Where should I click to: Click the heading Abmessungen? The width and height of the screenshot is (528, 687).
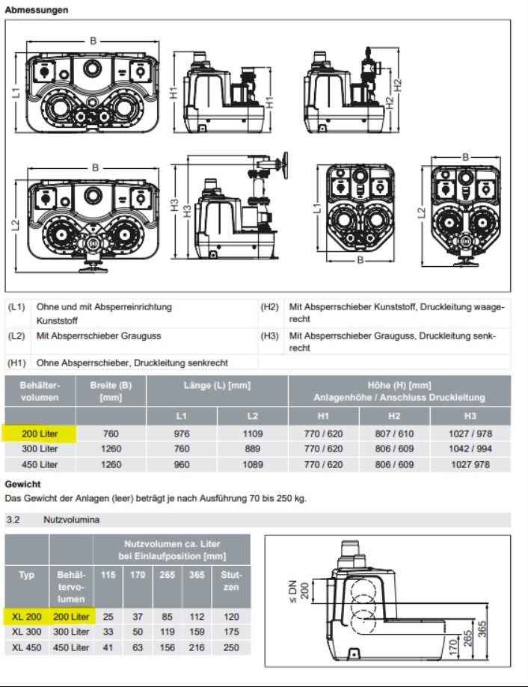[x=37, y=10]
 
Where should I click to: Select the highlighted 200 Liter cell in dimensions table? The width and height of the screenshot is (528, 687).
[x=40, y=433]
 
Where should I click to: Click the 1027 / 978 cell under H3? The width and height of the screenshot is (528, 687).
[x=470, y=433]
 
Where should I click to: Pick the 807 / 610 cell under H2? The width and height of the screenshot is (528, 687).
[x=396, y=433]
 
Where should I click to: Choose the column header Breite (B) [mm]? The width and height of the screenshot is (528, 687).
[x=111, y=391]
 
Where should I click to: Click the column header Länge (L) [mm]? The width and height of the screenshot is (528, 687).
[x=216, y=386]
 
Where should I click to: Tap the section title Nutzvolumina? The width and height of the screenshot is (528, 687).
[x=63, y=519]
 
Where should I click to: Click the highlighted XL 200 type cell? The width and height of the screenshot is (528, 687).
[x=27, y=617]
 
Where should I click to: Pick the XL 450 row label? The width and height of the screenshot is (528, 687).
[x=27, y=647]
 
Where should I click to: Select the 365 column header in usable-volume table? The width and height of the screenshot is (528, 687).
[x=197, y=575]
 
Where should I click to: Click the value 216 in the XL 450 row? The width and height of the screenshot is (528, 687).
[x=197, y=647]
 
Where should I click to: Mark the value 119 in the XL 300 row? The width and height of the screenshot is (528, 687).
[x=168, y=632]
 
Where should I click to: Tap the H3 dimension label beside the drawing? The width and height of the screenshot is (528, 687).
[x=175, y=210]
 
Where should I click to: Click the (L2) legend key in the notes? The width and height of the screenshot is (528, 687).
[x=16, y=336]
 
